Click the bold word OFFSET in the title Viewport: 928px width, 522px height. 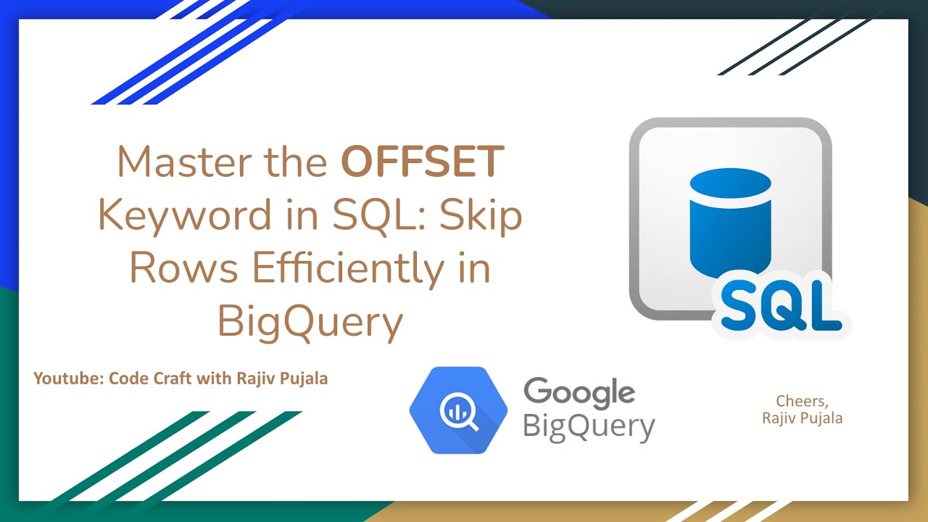(x=423, y=162)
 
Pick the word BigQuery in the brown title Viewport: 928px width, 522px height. (x=310, y=321)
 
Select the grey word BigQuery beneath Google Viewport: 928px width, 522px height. (x=588, y=426)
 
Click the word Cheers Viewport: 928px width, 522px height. (x=801, y=400)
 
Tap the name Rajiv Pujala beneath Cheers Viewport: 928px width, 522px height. (x=802, y=418)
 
